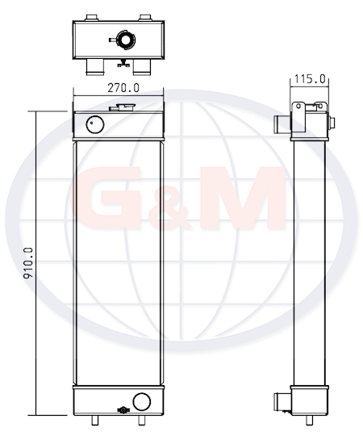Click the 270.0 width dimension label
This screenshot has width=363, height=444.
123,88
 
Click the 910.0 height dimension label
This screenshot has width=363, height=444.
28,263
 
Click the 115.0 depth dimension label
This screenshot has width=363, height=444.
310,79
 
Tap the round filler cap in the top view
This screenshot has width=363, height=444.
124,40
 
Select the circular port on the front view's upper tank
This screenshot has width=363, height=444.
95,124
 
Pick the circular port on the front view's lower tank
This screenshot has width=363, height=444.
142,401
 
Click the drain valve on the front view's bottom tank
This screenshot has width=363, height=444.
123,410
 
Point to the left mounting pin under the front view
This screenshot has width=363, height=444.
95,421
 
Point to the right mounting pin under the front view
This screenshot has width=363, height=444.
141,421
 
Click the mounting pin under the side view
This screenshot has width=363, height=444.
310,421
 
